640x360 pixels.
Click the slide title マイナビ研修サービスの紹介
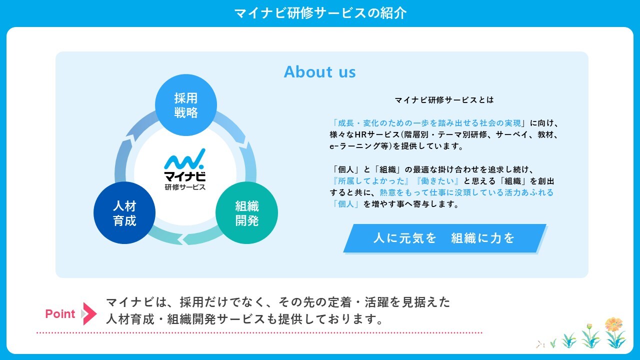click(320, 13)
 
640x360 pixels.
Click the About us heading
click(320, 72)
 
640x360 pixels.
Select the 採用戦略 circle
click(186, 105)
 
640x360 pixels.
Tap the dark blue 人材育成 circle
click(124, 213)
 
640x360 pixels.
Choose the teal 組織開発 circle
click(246, 213)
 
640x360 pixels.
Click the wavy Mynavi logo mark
click(184, 159)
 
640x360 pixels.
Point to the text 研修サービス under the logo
click(184, 187)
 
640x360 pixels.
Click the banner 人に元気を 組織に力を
click(444, 238)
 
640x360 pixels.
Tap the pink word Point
click(60, 314)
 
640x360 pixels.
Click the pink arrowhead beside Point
click(89, 314)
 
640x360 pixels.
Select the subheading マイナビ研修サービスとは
click(444, 100)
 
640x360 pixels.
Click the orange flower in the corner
click(613, 324)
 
